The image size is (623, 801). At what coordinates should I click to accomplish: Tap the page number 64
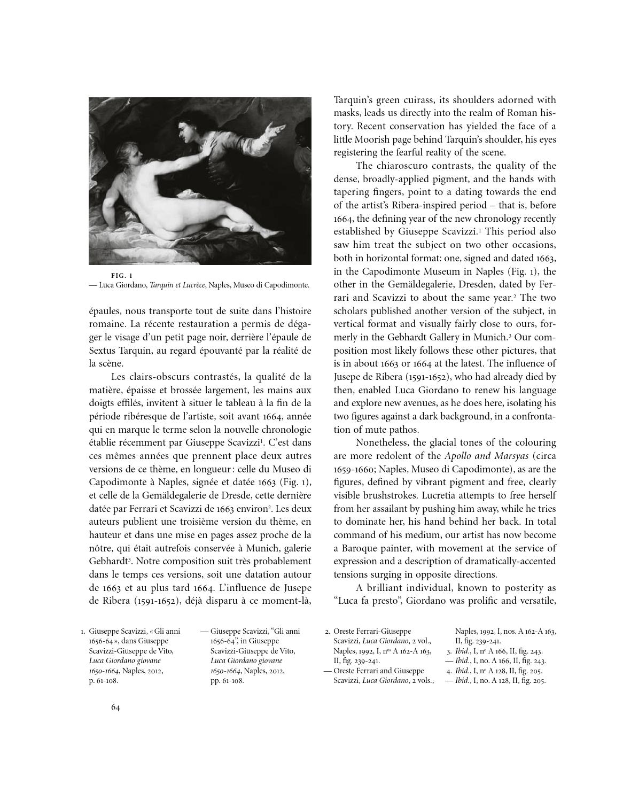pyautogui.click(x=115, y=707)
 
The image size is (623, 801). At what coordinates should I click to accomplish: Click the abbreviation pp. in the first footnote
pyautogui.click(x=215, y=681)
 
